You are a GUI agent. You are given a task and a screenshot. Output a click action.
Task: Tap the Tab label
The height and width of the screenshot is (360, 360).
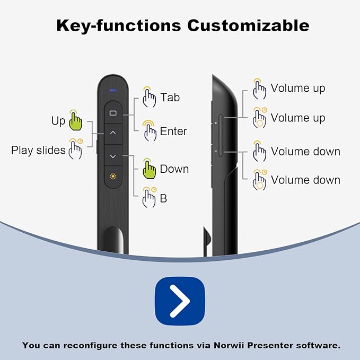click(x=170, y=98)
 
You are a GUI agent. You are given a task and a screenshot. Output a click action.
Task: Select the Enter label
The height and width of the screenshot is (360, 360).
click(x=173, y=131)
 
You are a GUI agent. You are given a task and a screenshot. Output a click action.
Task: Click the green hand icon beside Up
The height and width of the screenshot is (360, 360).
click(x=76, y=121)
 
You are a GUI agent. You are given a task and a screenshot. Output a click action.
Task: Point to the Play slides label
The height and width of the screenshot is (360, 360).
click(x=38, y=150)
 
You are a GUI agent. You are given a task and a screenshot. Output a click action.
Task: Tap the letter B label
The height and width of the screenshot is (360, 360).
click(x=163, y=199)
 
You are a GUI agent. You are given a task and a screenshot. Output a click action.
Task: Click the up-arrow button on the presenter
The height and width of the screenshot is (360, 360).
click(x=112, y=133)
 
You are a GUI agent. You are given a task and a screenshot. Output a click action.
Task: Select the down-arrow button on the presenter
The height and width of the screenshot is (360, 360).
click(x=112, y=156)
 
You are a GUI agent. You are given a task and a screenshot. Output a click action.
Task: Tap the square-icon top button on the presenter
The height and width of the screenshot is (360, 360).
click(x=112, y=113)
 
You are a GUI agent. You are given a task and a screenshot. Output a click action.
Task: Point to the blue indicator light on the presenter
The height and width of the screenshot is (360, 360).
click(x=112, y=89)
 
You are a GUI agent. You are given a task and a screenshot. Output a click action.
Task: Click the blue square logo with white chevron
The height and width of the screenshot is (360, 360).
click(x=180, y=301)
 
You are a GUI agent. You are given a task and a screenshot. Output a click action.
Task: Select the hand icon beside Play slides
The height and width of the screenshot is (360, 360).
click(x=76, y=150)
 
